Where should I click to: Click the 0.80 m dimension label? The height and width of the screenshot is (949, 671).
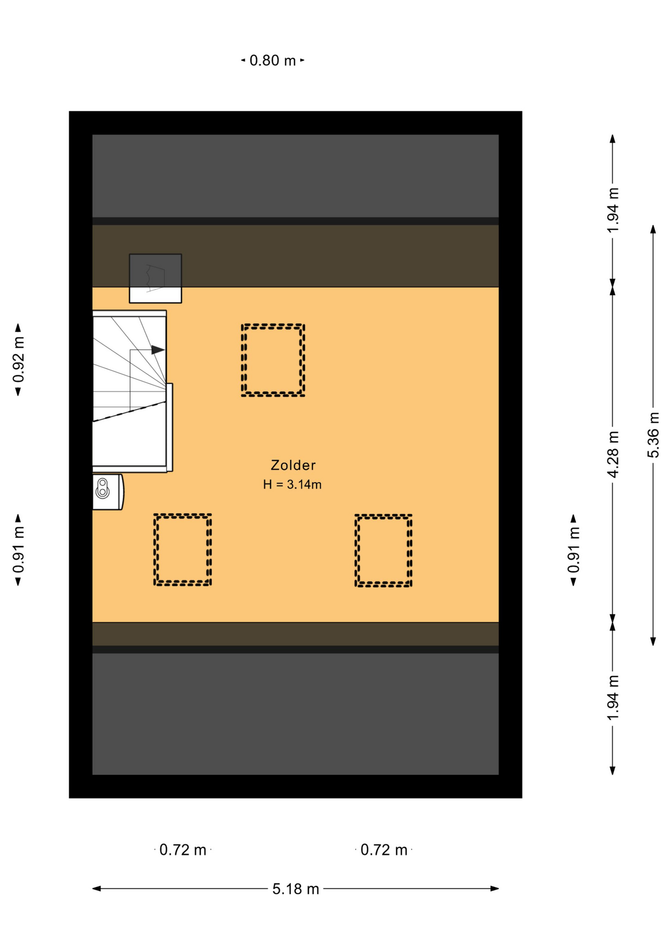click(x=272, y=60)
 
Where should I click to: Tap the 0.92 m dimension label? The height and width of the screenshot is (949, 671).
click(x=19, y=359)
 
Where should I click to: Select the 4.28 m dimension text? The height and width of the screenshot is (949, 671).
click(x=613, y=454)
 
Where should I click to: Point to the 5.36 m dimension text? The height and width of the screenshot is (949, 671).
click(x=653, y=434)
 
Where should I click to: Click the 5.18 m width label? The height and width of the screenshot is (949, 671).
click(x=295, y=889)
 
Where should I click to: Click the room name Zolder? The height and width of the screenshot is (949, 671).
click(x=293, y=465)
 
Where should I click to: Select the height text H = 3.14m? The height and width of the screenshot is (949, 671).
click(x=292, y=484)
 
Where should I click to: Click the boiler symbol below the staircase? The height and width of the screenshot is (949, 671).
click(x=107, y=492)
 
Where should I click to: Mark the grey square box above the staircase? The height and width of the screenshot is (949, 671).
click(x=155, y=278)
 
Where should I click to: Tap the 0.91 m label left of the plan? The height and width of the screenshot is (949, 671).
click(x=19, y=550)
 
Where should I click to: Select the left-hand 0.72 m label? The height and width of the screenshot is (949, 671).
click(x=182, y=850)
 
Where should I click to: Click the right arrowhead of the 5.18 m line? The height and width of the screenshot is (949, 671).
click(x=495, y=888)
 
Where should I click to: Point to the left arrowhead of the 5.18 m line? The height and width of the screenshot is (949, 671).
click(x=97, y=888)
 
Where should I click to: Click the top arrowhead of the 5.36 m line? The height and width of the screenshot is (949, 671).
click(x=653, y=229)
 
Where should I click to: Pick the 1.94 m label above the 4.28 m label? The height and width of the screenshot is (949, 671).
click(x=613, y=210)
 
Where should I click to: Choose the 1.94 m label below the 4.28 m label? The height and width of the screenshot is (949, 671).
click(x=613, y=697)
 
